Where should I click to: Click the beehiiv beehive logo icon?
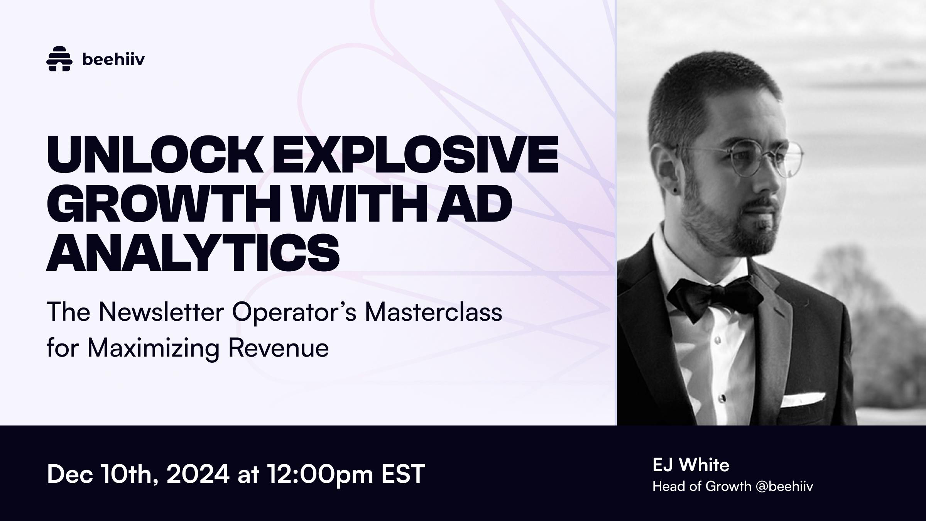(59, 59)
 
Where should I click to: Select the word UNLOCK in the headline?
(155, 154)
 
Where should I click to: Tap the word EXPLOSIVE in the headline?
(416, 154)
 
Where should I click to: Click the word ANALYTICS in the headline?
(193, 252)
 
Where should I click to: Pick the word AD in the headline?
(474, 203)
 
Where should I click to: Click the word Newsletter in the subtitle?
(161, 312)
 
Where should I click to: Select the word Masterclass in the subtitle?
(434, 312)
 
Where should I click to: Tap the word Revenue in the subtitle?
(279, 348)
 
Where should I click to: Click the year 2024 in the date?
(198, 474)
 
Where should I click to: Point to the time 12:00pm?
(320, 475)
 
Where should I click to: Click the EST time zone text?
(403, 474)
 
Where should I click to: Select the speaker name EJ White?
(691, 465)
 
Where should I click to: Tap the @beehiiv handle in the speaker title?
(784, 486)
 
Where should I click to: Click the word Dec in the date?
(69, 474)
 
